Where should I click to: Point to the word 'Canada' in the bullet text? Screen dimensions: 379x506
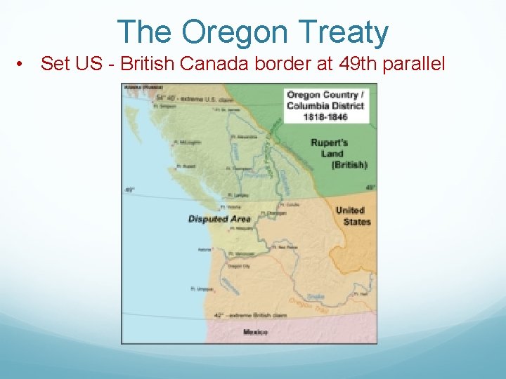tap(219, 64)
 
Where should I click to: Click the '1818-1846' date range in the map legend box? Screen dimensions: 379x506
tap(325, 117)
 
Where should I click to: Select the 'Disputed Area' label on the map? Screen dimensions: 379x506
tap(219, 219)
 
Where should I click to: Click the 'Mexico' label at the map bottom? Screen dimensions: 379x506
tap(255, 332)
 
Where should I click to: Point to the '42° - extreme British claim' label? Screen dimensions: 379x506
tap(242, 317)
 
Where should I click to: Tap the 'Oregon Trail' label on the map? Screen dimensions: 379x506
tap(309, 304)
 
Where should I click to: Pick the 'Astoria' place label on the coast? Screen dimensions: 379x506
tap(205, 249)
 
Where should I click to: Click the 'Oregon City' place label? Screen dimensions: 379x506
tap(240, 265)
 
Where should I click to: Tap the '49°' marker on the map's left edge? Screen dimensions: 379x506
tap(129, 189)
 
